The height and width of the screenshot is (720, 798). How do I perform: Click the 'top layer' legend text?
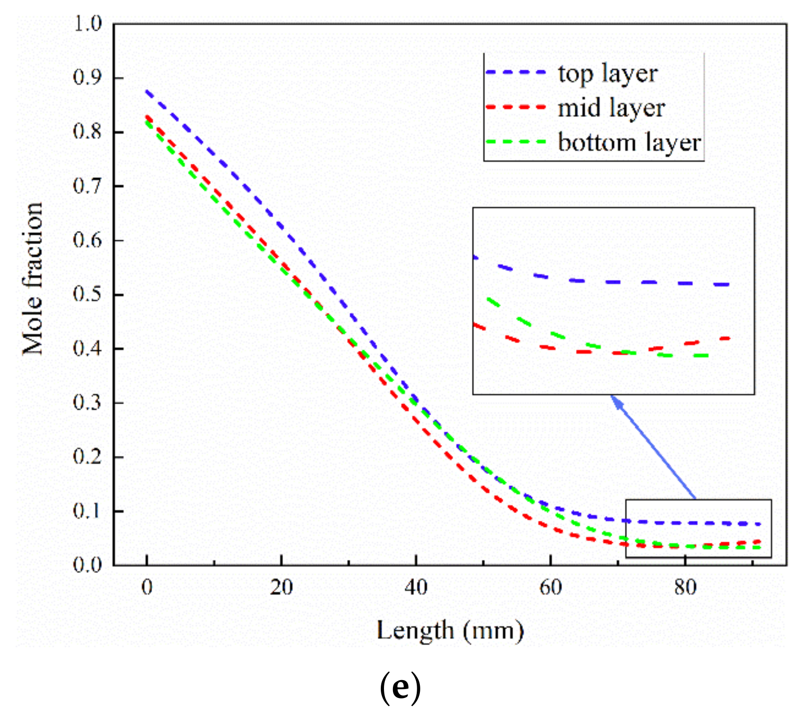(607, 74)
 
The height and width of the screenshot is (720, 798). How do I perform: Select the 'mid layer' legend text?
(611, 109)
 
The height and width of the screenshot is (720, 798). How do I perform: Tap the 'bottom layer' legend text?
(629, 143)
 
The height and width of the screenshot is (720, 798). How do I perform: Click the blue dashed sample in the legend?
(516, 72)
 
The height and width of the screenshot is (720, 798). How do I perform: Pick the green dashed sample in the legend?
(516, 142)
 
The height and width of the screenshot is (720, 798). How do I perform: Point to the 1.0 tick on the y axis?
(88, 24)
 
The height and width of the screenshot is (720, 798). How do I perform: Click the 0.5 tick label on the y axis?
(88, 295)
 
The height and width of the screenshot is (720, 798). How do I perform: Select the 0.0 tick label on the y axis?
(88, 565)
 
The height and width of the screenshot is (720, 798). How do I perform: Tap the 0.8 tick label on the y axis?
(88, 132)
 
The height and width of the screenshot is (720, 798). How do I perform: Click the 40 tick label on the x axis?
(416, 587)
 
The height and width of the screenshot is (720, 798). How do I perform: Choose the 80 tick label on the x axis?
(685, 587)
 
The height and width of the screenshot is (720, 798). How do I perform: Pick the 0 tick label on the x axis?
(147, 587)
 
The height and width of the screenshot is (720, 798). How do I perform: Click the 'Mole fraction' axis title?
(33, 278)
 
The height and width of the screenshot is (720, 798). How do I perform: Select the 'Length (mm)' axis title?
(450, 631)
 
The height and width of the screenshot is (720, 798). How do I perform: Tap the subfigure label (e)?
(400, 688)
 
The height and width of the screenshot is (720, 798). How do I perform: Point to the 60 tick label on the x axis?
(550, 587)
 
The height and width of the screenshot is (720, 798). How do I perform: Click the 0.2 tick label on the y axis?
(88, 457)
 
